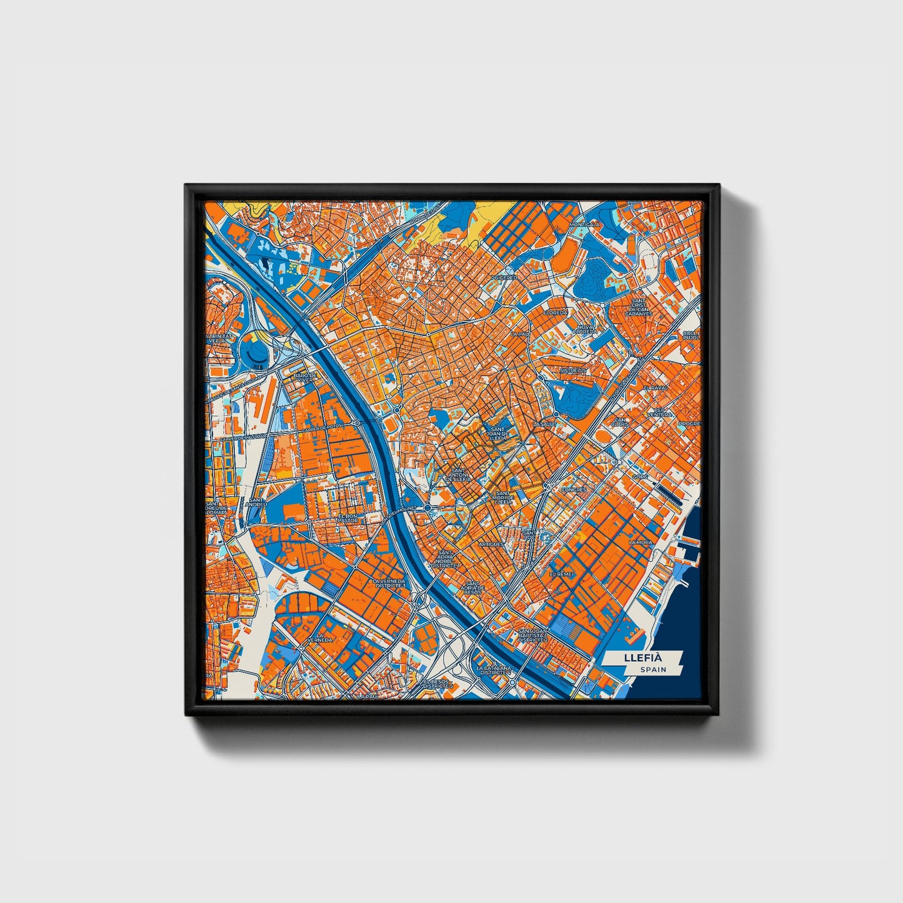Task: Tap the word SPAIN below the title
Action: (652, 670)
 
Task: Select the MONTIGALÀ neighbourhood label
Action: (584, 224)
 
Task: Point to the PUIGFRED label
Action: (504, 277)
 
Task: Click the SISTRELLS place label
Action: (574, 370)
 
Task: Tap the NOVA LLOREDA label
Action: (586, 329)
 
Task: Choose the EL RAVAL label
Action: (656, 388)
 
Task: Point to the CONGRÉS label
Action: (574, 490)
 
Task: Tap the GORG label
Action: (640, 477)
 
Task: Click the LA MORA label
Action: (641, 542)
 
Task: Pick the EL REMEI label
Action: (561, 573)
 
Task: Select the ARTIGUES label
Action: (491, 544)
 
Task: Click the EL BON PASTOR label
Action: (348, 517)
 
